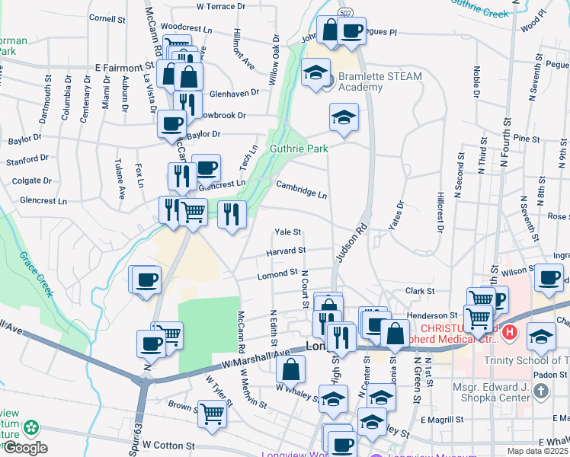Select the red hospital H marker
(510, 332)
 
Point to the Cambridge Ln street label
(302, 189)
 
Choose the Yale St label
(288, 232)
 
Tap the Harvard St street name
(286, 251)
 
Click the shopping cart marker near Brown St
(212, 413)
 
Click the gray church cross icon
(540, 391)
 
